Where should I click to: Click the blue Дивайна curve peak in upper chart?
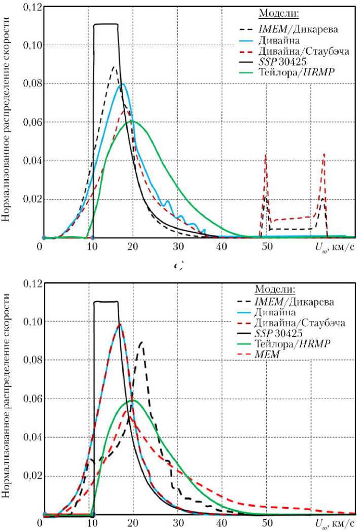tap(122, 84)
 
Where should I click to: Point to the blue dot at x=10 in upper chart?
tap(93, 237)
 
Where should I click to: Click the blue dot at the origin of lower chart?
tap(44, 515)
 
